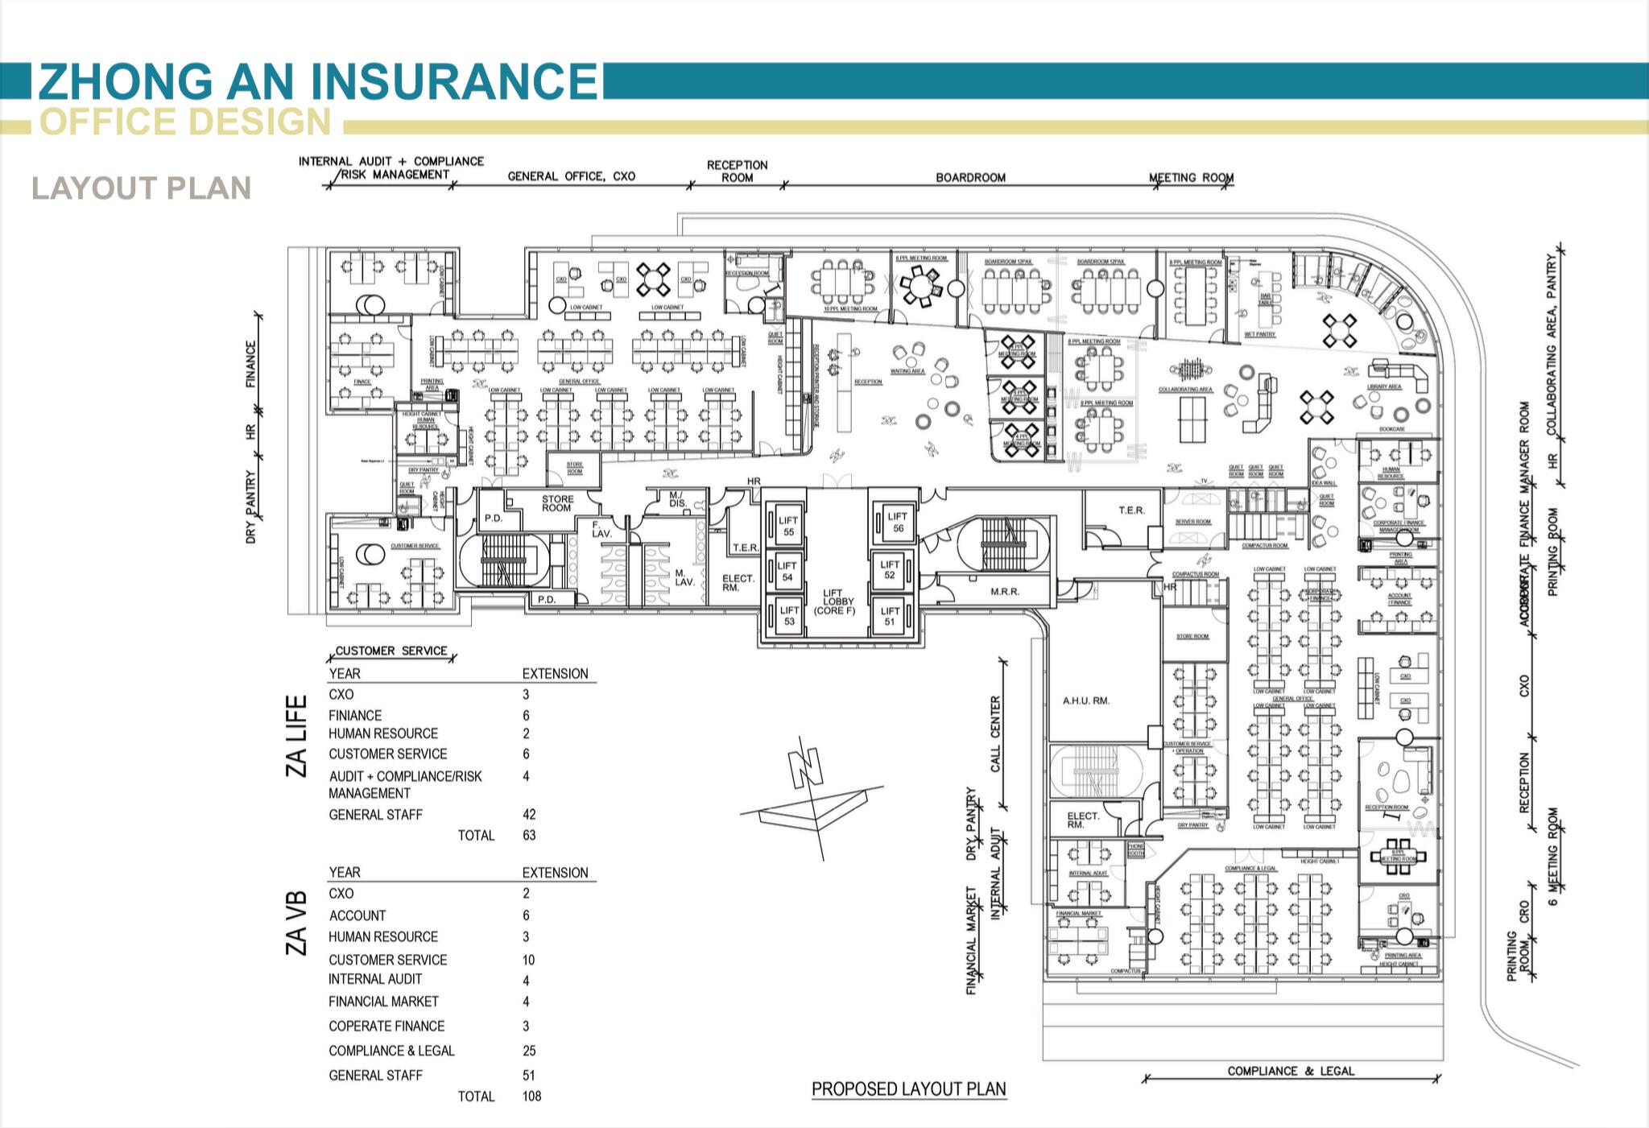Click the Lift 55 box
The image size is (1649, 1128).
point(787,526)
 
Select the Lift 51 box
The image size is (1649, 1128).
point(890,616)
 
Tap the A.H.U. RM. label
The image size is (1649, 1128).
point(1085,700)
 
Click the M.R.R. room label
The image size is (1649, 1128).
point(1004,592)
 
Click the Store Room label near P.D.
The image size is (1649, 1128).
point(556,503)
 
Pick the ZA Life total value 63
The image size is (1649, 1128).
point(529,835)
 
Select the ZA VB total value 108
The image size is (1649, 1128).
point(531,1096)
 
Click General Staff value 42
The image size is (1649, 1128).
point(529,814)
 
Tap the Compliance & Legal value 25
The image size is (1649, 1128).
point(529,1051)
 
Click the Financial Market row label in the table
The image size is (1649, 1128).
point(383,1002)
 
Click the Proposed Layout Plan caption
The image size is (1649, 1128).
point(908,1089)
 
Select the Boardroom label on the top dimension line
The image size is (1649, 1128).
point(970,177)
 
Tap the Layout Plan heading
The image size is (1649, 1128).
point(142,188)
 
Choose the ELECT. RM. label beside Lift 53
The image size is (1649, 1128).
point(737,583)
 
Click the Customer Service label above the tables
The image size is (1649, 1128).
point(391,651)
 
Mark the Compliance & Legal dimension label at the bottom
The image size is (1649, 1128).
point(1291,1071)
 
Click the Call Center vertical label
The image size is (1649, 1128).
point(995,733)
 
